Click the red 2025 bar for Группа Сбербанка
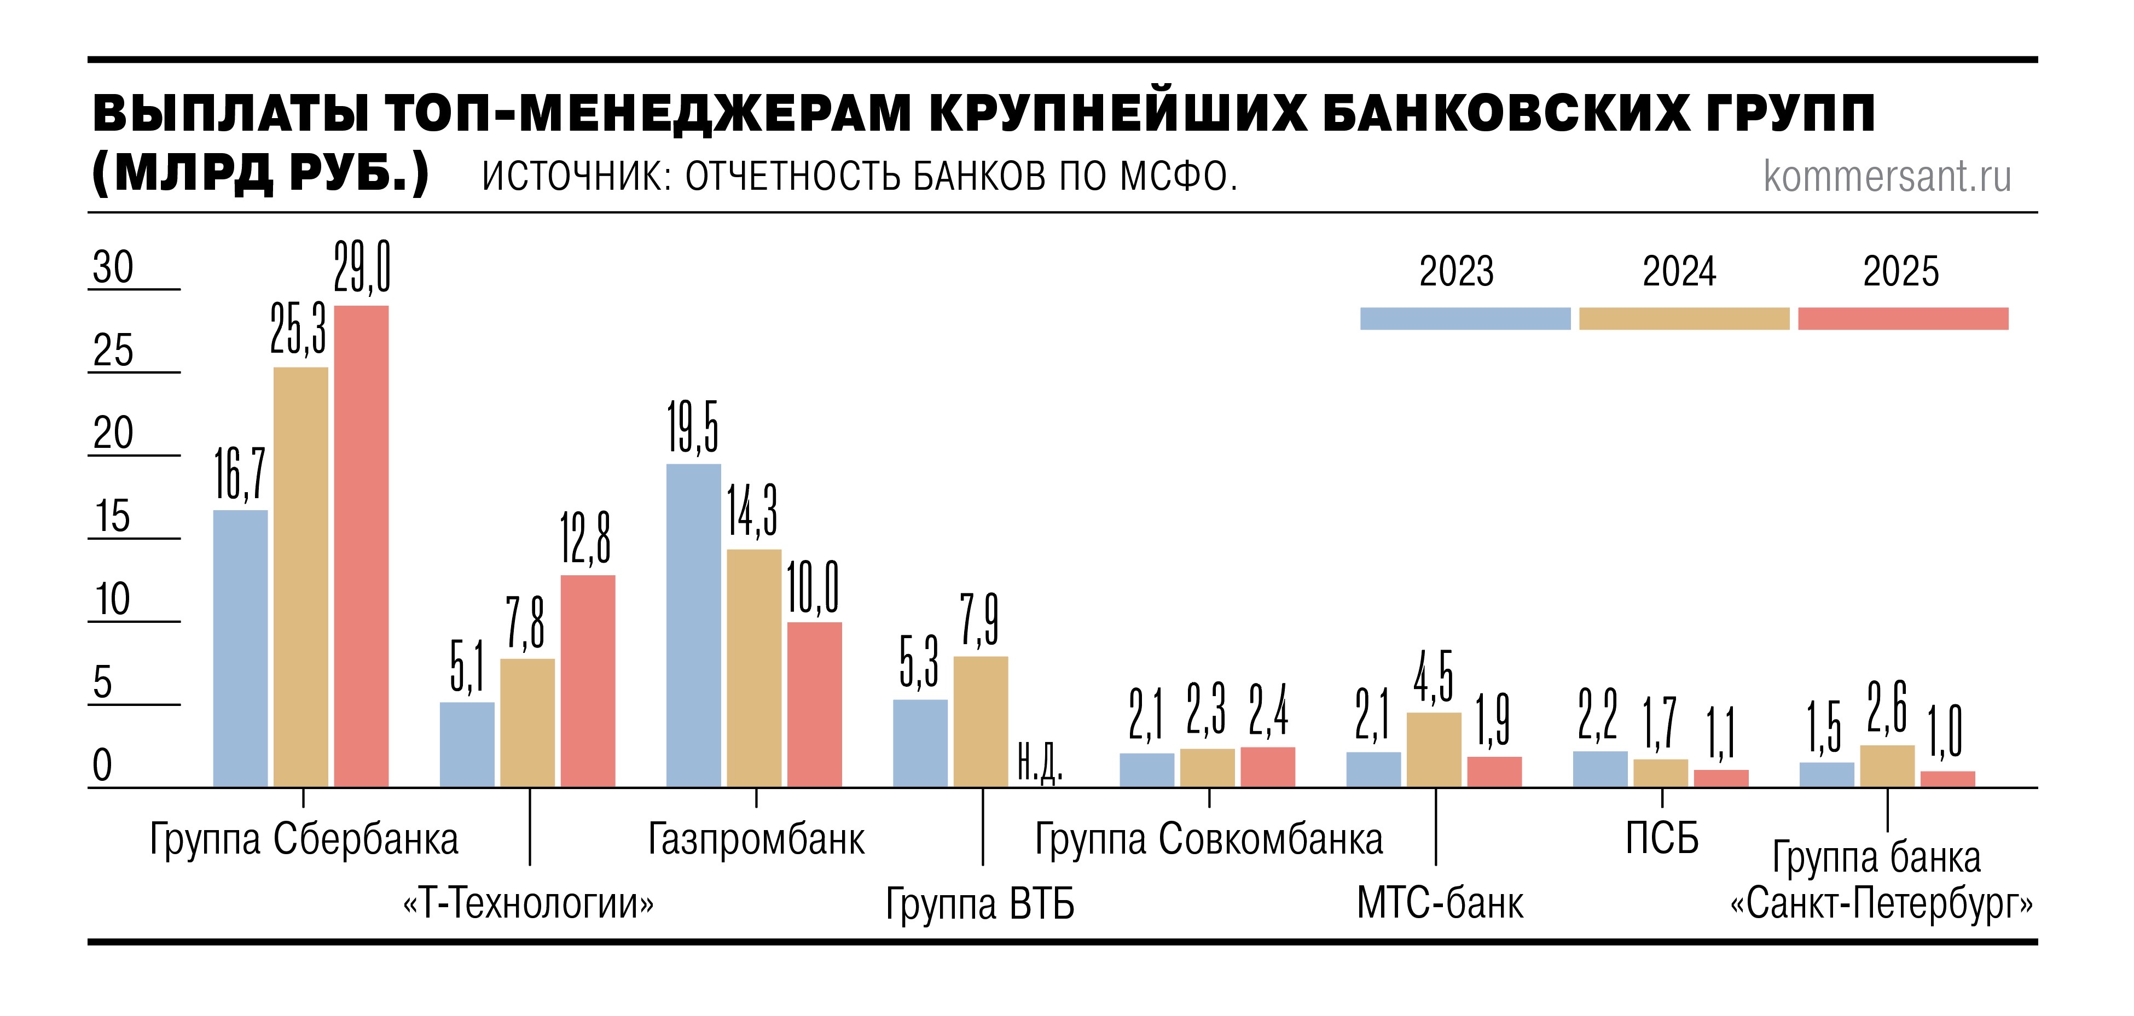(361, 546)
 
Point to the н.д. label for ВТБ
(1039, 763)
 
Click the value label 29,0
(362, 267)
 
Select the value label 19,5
(693, 427)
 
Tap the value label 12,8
(585, 538)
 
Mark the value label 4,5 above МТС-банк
(1433, 676)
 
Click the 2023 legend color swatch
(1465, 319)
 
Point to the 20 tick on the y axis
(113, 433)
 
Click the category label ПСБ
(1661, 839)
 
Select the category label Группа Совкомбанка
(1209, 839)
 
